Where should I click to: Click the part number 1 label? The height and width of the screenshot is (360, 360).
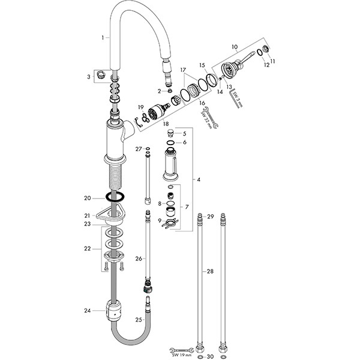(x=103, y=38)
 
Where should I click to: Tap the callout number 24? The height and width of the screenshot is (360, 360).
(x=88, y=311)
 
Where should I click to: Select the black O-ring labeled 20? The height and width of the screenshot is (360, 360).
(x=115, y=197)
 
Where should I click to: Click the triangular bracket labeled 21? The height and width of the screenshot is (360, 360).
(x=111, y=214)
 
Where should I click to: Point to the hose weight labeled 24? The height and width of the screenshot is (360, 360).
(x=113, y=310)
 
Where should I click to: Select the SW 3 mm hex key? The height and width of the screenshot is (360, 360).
(x=236, y=98)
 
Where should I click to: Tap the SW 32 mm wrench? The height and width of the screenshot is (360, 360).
(x=211, y=118)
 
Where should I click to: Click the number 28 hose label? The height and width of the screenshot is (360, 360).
(x=210, y=271)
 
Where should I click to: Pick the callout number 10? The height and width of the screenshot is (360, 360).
(x=235, y=47)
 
